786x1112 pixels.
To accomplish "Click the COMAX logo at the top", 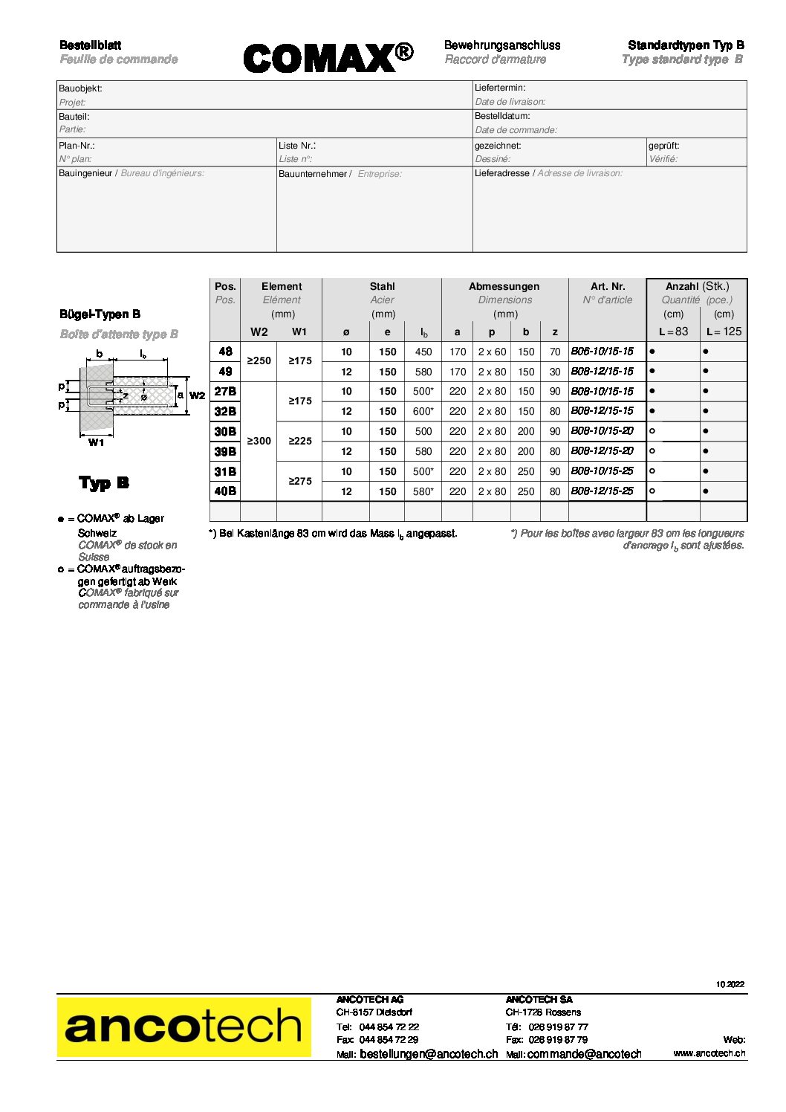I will click(x=328, y=57).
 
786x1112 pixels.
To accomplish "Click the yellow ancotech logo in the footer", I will click(x=183, y=1027).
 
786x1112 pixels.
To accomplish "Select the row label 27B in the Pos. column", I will click(x=225, y=391).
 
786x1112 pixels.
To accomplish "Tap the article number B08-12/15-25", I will click(x=602, y=491).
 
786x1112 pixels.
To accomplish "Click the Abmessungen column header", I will click(x=504, y=286).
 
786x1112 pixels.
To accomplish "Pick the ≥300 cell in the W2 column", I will click(x=259, y=441).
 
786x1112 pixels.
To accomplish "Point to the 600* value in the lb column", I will click(x=423, y=411).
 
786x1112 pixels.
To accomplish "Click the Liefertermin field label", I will click(x=500, y=88).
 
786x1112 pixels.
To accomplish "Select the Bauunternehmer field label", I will click(x=313, y=174).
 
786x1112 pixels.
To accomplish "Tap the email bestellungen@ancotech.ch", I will click(x=429, y=1054).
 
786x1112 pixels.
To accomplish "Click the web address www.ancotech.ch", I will click(x=709, y=1053).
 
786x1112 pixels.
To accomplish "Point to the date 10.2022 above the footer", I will click(x=730, y=984).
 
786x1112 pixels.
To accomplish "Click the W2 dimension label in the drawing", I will click(x=197, y=395).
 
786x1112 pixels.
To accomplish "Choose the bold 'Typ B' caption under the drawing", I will click(x=104, y=483).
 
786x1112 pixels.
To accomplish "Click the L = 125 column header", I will click(x=724, y=332).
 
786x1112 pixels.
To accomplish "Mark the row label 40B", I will click(x=225, y=491).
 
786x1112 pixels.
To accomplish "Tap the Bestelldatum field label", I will click(x=502, y=116).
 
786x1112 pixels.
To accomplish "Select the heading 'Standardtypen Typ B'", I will click(x=686, y=45).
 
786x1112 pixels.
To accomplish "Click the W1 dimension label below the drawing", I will click(x=97, y=443).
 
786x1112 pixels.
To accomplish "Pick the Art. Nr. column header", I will click(x=608, y=286).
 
